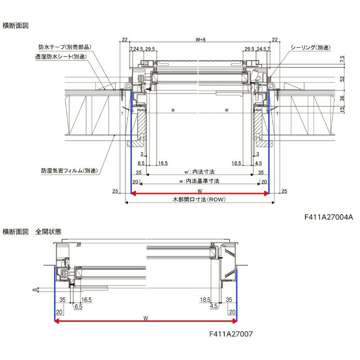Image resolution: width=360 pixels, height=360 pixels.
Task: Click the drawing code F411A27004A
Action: [328, 217]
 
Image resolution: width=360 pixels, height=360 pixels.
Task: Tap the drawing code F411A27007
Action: [231, 334]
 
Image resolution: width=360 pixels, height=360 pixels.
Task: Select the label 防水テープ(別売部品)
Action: [65, 47]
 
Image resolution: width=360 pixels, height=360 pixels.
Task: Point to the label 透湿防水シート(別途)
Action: [61, 57]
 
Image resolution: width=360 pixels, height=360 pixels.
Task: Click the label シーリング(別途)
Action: [310, 48]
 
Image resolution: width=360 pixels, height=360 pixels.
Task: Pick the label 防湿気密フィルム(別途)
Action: [70, 171]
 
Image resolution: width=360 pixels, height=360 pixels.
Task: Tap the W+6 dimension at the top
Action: [200, 40]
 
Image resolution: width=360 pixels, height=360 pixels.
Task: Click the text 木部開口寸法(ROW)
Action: [199, 199]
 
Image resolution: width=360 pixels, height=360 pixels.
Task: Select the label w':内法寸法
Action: [199, 172]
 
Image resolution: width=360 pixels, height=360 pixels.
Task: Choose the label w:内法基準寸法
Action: [199, 181]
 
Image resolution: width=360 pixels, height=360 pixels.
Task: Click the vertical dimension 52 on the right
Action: [342, 79]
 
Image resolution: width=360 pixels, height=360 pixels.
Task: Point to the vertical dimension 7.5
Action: [342, 59]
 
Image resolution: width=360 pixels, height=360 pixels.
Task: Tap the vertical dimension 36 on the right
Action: [342, 98]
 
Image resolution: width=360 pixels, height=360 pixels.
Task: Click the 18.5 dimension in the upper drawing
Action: [236, 163]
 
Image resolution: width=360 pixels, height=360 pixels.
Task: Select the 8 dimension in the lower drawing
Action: [35, 290]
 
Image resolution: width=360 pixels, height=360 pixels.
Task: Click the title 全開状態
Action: [49, 232]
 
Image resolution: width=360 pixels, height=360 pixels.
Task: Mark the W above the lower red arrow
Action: [146, 318]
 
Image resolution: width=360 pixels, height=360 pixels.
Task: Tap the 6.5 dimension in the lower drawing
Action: [78, 307]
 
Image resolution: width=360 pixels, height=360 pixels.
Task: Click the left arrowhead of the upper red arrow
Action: [134, 193]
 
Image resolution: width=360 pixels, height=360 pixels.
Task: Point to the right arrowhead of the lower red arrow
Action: [234, 321]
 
